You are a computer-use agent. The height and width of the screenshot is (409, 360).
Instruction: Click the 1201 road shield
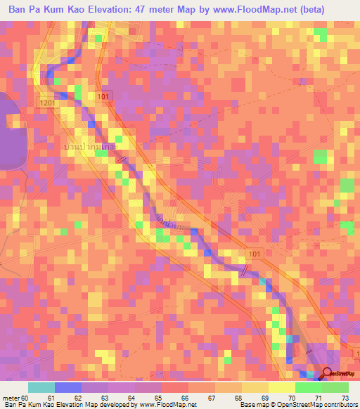[46, 103]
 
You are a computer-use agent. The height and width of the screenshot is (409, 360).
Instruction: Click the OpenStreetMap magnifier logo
[328, 373]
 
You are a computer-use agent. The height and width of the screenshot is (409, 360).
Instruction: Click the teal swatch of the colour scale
[41, 387]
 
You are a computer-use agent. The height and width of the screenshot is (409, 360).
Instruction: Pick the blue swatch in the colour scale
[67, 387]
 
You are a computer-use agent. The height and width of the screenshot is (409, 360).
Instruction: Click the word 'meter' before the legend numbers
[10, 399]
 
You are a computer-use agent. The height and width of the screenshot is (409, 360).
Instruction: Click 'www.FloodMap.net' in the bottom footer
[165, 405]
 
